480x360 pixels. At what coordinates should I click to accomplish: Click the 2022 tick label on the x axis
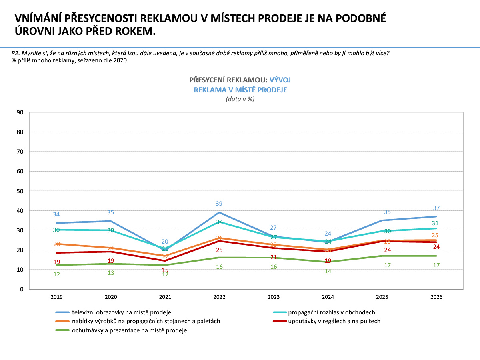[219, 297]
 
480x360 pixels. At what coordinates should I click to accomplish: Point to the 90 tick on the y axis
[20, 112]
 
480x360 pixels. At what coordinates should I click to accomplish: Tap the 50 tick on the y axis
[20, 191]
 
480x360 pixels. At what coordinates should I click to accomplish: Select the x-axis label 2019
[56, 297]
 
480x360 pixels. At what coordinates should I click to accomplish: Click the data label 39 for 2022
[219, 204]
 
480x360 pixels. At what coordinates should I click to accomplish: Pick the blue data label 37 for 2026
[436, 208]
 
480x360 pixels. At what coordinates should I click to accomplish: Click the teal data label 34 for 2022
[219, 222]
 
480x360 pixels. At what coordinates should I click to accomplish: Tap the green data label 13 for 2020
[111, 272]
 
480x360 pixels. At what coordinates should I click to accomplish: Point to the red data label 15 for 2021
[165, 270]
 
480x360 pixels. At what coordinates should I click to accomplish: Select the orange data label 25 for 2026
[436, 235]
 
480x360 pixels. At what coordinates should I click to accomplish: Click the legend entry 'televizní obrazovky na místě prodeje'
[122, 312]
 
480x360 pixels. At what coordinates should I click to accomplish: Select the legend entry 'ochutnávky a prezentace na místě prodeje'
[129, 330]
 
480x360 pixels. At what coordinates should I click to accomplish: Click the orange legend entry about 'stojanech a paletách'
[146, 321]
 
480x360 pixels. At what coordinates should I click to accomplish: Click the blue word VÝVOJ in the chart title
[280, 80]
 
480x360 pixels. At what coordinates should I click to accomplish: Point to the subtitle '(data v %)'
[240, 99]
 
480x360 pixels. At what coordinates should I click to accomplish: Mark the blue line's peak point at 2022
[219, 212]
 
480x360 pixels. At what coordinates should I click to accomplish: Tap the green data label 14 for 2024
[328, 271]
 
